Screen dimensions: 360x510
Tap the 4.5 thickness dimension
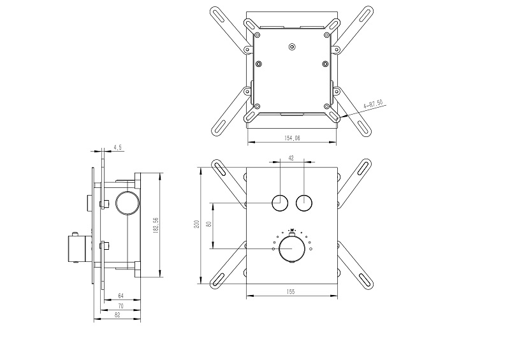click(x=117, y=147)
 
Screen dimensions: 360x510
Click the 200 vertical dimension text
click(x=197, y=224)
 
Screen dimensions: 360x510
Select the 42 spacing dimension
click(x=291, y=157)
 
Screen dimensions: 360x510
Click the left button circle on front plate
click(x=280, y=203)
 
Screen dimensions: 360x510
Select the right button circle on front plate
click(x=305, y=203)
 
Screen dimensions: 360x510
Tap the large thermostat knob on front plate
click(x=291, y=248)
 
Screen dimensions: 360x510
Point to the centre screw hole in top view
click(x=291, y=46)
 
